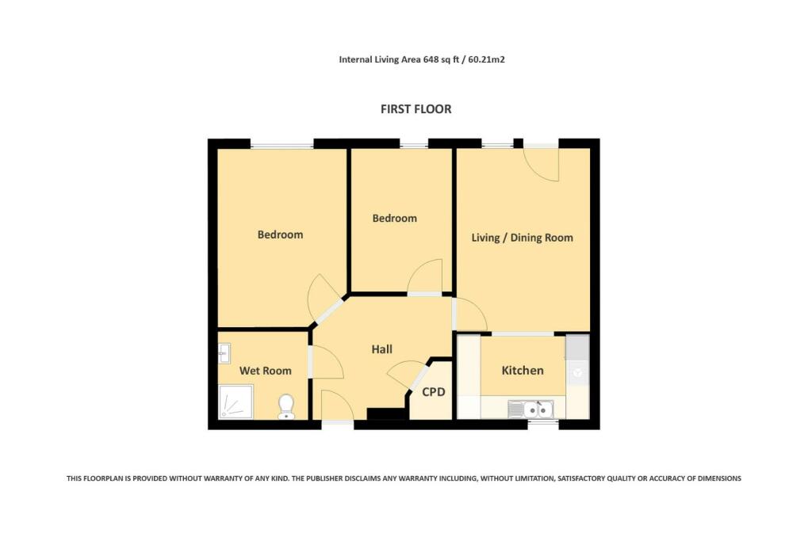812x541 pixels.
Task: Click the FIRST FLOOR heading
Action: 416,109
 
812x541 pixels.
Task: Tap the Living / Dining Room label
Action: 522,238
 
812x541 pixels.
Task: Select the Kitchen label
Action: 523,370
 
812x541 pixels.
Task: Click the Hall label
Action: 382,349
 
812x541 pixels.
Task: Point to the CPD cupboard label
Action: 433,392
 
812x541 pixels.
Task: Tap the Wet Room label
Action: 265,371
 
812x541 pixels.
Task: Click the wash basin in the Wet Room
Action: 224,352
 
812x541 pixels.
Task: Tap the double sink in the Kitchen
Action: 531,409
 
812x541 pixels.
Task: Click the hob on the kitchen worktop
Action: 577,371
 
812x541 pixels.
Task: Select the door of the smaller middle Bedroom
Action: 427,277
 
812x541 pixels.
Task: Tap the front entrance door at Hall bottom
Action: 337,406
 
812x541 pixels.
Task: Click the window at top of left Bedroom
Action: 282,144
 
